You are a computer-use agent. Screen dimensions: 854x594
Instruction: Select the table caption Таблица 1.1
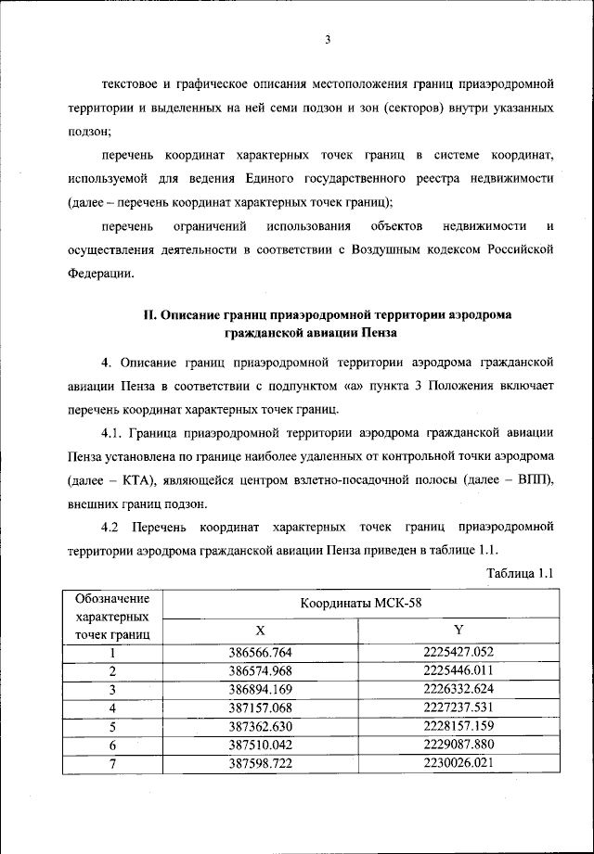pyautogui.click(x=521, y=573)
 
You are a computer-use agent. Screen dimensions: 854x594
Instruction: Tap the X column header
pyautogui.click(x=260, y=630)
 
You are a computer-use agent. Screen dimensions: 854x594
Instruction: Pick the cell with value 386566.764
pyautogui.click(x=260, y=652)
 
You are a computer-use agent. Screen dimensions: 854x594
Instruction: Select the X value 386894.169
pyautogui.click(x=260, y=689)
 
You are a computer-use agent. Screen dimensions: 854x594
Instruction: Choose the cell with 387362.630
pyautogui.click(x=260, y=726)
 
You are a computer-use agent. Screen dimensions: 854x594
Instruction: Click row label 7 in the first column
pyautogui.click(x=112, y=763)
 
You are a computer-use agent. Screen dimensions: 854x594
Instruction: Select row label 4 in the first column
pyautogui.click(x=112, y=707)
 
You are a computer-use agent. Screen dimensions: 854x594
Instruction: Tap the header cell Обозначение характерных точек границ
pyautogui.click(x=112, y=616)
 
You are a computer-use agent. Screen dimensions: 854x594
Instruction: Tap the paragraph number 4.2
pyautogui.click(x=112, y=528)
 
